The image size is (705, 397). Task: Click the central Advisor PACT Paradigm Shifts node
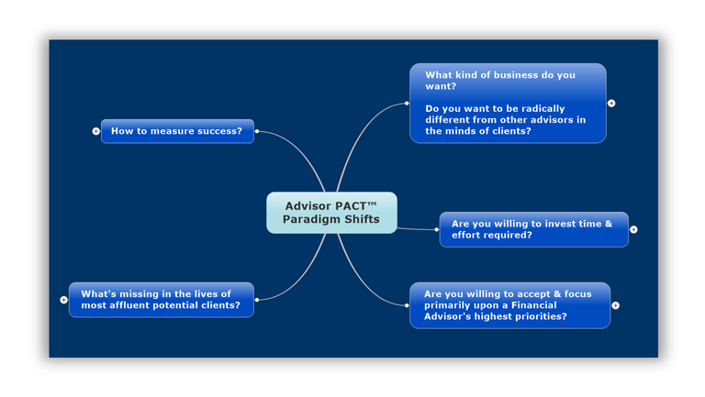click(x=331, y=213)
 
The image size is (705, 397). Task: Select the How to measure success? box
click(x=176, y=131)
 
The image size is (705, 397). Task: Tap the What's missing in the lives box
click(x=161, y=300)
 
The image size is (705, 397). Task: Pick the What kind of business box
click(x=508, y=103)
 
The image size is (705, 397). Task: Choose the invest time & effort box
click(x=533, y=229)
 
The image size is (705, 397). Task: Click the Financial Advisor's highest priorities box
click(x=509, y=305)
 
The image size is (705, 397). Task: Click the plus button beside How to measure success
click(x=95, y=131)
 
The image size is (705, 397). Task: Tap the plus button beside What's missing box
click(x=63, y=300)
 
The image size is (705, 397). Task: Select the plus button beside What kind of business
click(x=611, y=104)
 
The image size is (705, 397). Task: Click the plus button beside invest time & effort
click(x=633, y=229)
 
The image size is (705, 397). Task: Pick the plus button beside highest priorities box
click(x=615, y=305)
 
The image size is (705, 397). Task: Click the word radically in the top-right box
click(x=541, y=108)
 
